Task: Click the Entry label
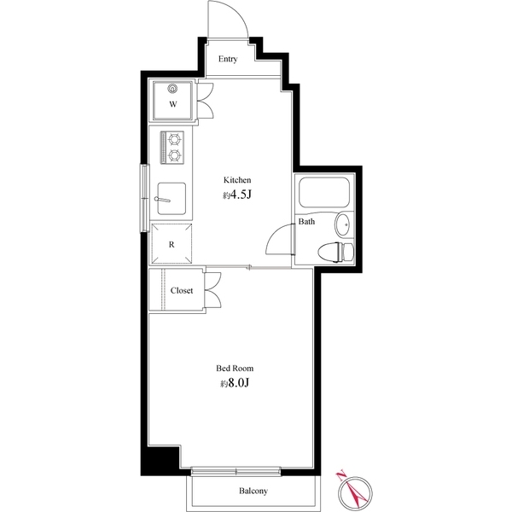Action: coord(227,59)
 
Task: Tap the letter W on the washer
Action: coord(172,104)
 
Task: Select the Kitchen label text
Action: coord(237,180)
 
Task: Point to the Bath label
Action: coord(306,222)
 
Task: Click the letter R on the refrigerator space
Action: coord(172,244)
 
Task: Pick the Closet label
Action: coord(182,290)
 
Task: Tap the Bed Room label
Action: coord(234,369)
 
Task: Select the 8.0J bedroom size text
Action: coord(236,383)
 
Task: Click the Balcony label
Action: coord(253,491)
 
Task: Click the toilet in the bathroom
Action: coord(335,251)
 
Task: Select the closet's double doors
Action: coord(213,289)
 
